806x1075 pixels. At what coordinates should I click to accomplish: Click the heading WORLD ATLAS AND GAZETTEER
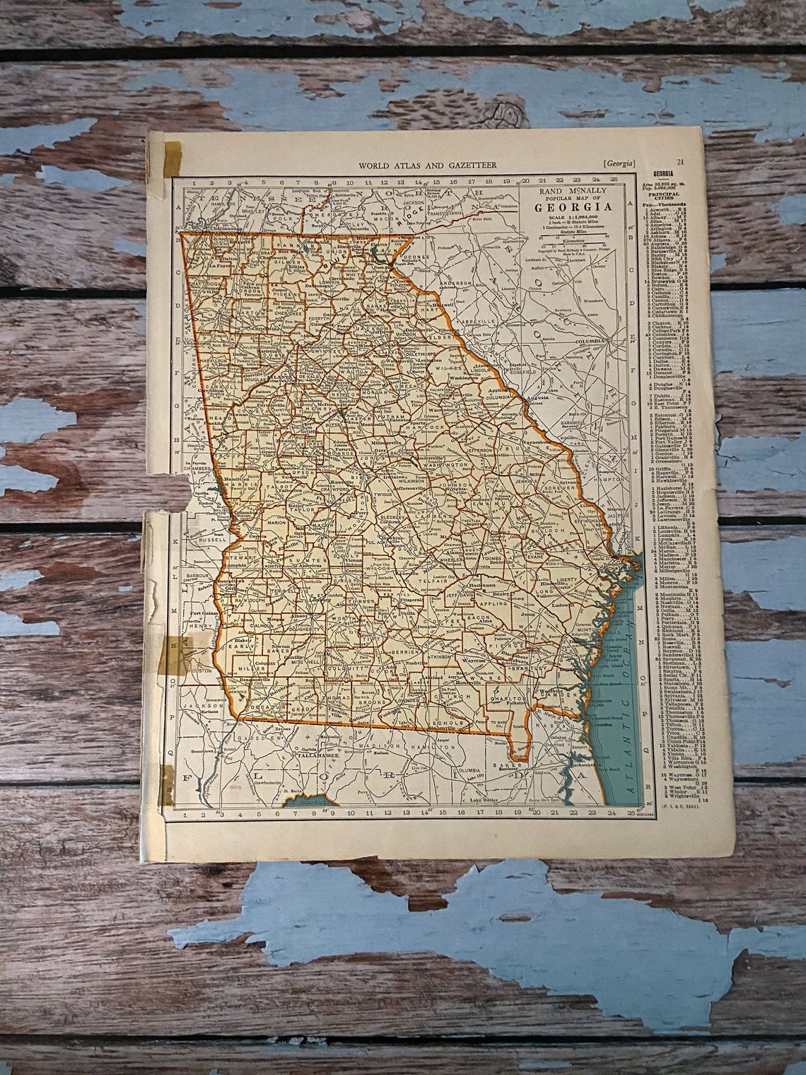(x=427, y=165)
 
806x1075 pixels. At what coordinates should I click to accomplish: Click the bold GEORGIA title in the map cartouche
(x=573, y=207)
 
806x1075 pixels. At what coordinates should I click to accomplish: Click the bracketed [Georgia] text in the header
(x=619, y=164)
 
